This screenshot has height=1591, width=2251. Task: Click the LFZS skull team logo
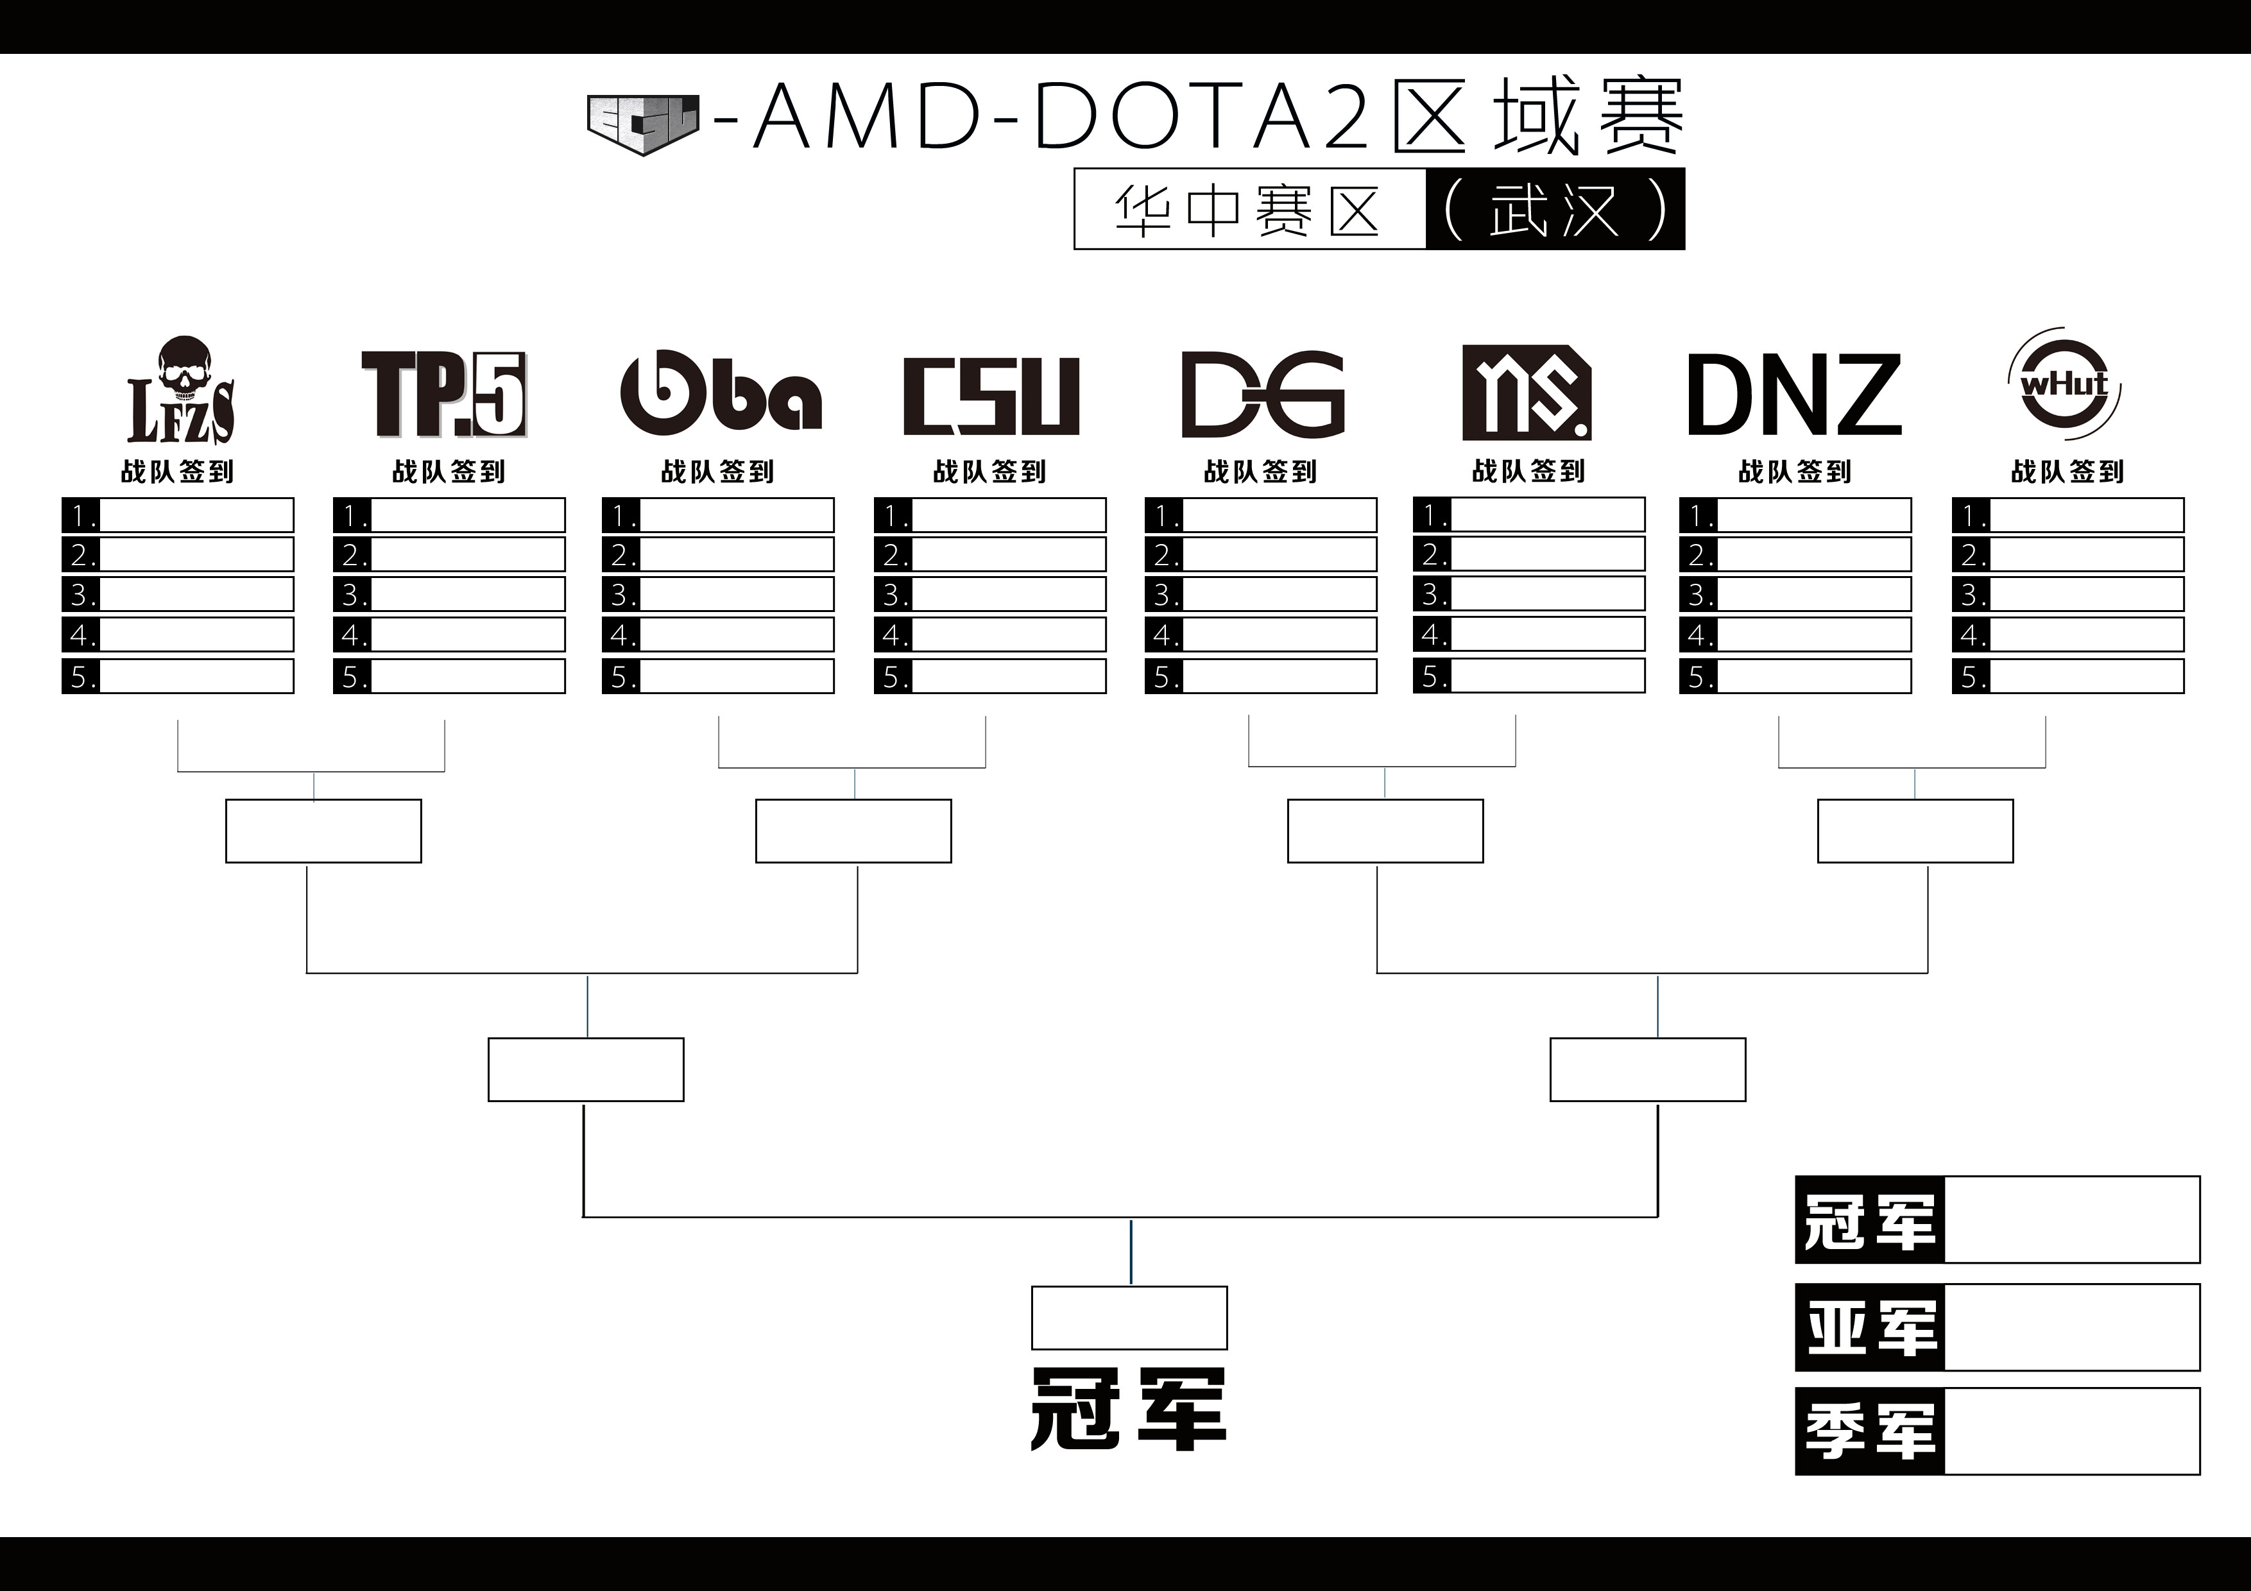pos(182,390)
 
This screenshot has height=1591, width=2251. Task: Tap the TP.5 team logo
pos(444,394)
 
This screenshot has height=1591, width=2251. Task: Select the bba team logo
pos(721,392)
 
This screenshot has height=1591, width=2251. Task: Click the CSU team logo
pos(991,396)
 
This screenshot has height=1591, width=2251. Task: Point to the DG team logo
pos(1263,394)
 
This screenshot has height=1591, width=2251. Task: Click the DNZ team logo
pos(1794,395)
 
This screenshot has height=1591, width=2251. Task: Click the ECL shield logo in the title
pos(643,124)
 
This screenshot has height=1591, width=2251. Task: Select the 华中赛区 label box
pos(1250,208)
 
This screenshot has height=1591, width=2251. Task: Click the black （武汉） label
pos(1555,208)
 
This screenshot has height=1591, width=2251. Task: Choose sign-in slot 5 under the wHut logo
pos(2067,676)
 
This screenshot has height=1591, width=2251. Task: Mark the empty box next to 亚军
pos(2071,1327)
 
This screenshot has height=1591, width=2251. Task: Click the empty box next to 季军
pos(2071,1431)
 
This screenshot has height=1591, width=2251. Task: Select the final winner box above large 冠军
pos(1129,1318)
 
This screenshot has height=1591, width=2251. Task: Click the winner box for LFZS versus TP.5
pos(323,831)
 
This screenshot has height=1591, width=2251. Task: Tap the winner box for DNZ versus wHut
pos(1915,831)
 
